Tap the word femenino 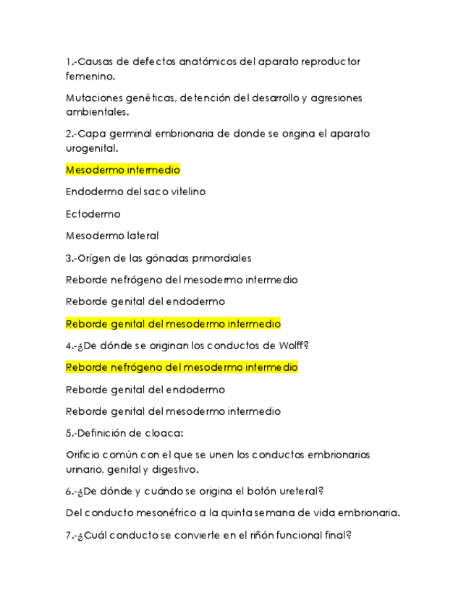coord(90,76)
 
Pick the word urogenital coord(91,148)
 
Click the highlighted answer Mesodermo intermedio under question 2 coord(122,170)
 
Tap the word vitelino coord(186,192)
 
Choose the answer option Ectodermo coord(93,214)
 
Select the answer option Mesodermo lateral coord(112,236)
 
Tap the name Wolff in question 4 coord(297,346)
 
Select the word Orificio coord(84,455)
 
